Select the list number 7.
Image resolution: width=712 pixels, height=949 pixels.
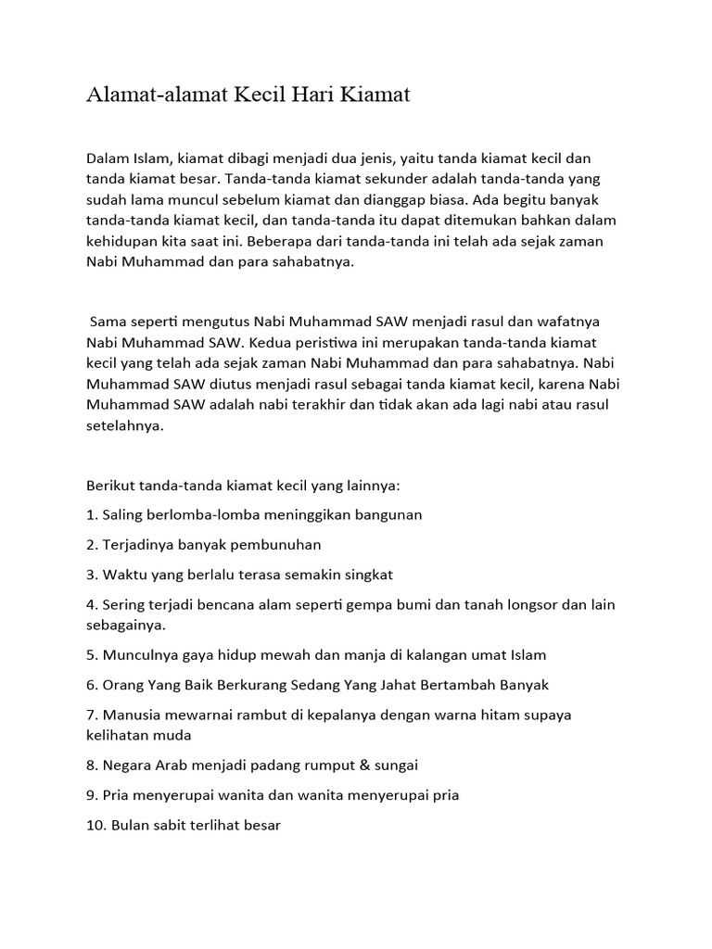point(91,715)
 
